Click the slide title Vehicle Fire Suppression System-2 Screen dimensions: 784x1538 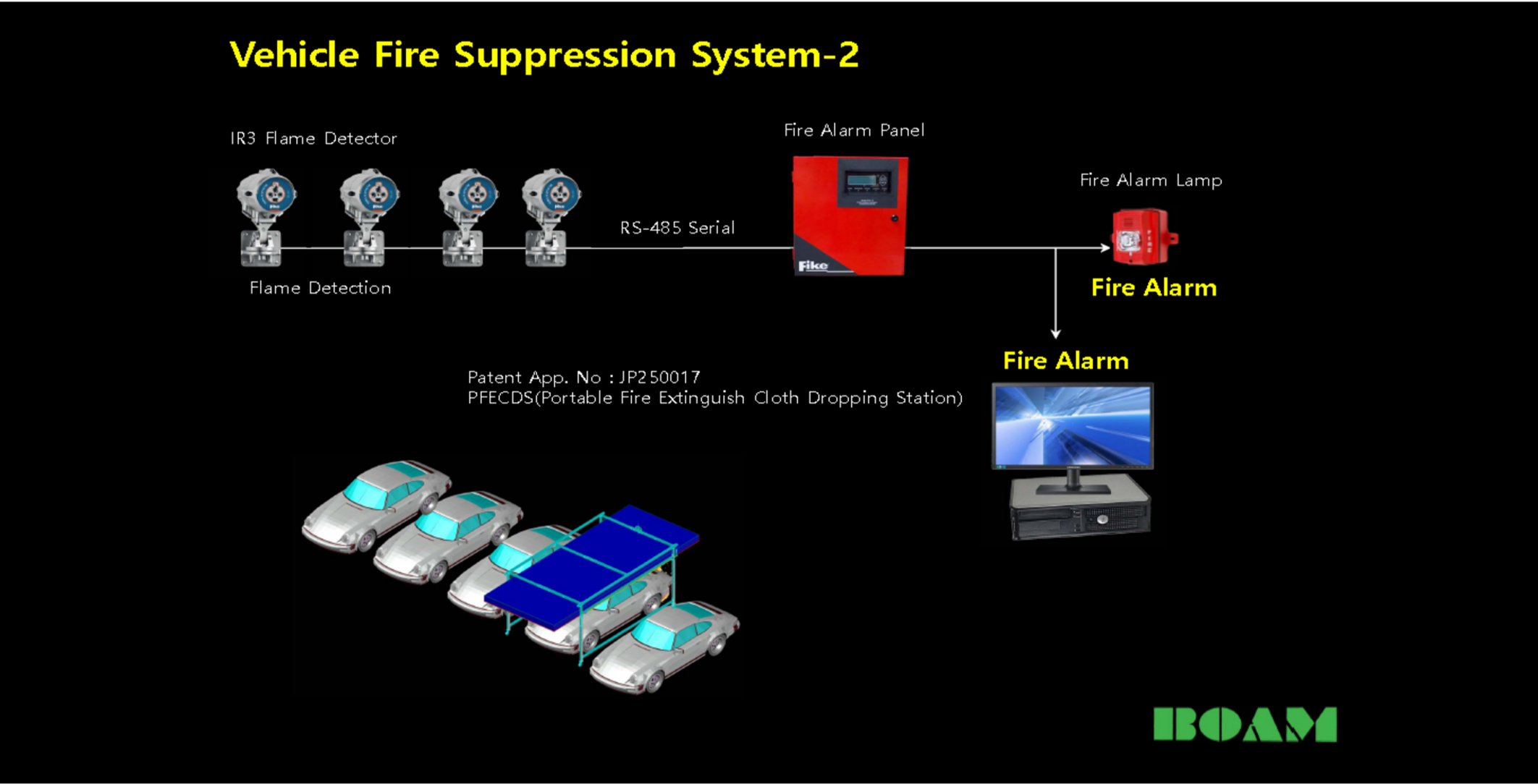coord(544,55)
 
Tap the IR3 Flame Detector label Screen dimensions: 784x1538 coord(313,138)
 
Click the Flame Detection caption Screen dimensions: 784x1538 coord(320,288)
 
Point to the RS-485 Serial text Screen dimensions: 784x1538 coord(677,228)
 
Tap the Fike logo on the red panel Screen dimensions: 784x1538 coord(813,266)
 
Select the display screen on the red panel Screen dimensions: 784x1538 coord(869,180)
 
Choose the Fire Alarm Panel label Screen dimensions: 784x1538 coord(854,130)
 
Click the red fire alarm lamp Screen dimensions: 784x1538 coord(1142,237)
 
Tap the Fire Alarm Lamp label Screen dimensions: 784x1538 coord(1151,180)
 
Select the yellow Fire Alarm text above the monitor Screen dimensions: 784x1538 coord(1065,360)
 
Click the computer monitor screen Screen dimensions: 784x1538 coord(1072,425)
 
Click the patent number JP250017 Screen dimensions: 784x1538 coord(659,377)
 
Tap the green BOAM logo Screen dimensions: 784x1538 coord(1245,724)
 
